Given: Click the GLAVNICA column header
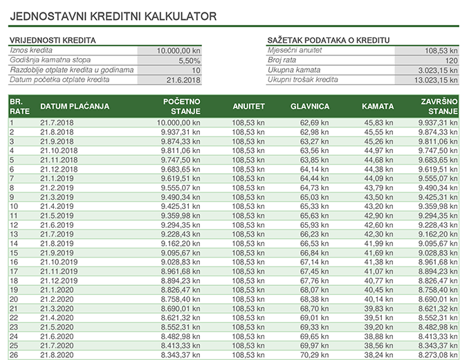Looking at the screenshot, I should pos(310,107).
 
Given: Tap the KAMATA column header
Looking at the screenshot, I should pos(377,107).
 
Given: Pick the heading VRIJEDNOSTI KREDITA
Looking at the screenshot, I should pos(52,41).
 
